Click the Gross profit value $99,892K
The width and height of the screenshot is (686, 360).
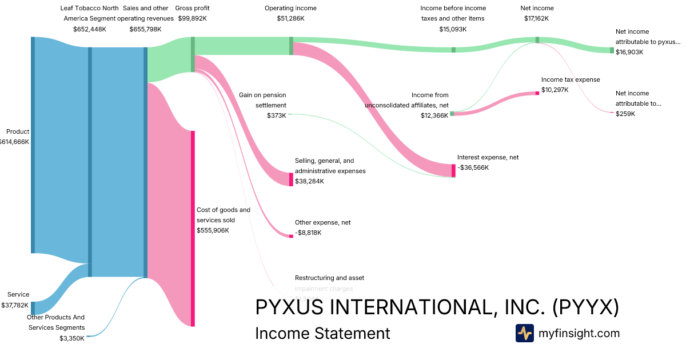[x=192, y=18]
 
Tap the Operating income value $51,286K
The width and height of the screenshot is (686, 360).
[x=290, y=18]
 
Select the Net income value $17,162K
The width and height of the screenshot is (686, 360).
[x=537, y=18]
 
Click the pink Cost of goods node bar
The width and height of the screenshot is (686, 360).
[x=193, y=229]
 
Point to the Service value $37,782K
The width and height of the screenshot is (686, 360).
[x=15, y=305]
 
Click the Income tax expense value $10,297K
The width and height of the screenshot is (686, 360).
[x=555, y=90]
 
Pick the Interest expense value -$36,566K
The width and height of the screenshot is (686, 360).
[x=473, y=167]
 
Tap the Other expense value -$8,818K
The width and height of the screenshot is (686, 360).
[x=308, y=233]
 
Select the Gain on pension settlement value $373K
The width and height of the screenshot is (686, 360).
[x=277, y=115]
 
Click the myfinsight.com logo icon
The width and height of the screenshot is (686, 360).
[x=524, y=333]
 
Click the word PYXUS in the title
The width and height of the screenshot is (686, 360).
[x=292, y=307]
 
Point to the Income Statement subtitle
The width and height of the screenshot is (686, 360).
[x=322, y=333]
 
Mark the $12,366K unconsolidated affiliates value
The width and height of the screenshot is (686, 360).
[x=434, y=115]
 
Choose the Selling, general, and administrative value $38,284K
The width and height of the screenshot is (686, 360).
[x=309, y=181]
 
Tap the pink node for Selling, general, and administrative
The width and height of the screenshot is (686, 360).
[x=291, y=179]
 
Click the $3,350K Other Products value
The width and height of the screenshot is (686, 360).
[x=72, y=338]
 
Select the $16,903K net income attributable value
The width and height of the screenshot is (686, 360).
[x=629, y=52]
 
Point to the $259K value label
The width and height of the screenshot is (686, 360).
[x=625, y=114]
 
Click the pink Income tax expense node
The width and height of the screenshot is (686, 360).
[x=537, y=93]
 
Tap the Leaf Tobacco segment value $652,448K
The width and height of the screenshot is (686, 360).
[x=90, y=29]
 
